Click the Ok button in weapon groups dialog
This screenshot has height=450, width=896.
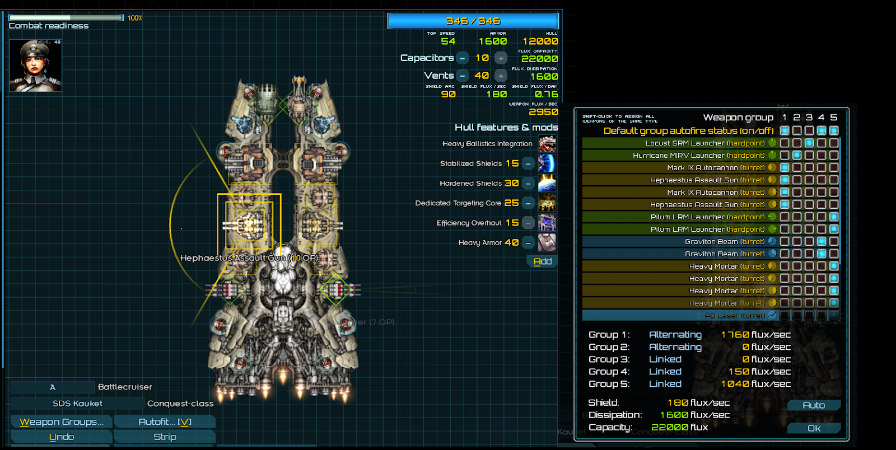click(x=814, y=428)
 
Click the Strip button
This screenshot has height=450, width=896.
click(x=165, y=437)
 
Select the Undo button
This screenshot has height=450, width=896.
click(x=62, y=437)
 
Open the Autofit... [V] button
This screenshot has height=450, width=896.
click(x=165, y=421)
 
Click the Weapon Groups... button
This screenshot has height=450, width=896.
click(x=62, y=421)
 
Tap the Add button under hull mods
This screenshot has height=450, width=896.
click(x=542, y=261)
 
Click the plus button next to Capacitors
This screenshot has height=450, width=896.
click(x=501, y=58)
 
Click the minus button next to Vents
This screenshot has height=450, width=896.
click(x=463, y=76)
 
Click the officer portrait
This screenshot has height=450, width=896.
click(x=35, y=65)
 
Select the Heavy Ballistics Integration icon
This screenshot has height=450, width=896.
click(x=547, y=144)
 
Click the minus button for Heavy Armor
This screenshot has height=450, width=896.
click(x=528, y=243)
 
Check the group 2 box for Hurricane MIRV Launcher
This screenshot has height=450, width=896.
click(x=797, y=155)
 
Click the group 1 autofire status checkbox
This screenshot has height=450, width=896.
click(x=785, y=130)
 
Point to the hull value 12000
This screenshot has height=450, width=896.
click(x=540, y=41)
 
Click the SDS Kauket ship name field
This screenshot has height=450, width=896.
click(x=77, y=404)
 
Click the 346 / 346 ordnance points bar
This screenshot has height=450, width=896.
click(x=473, y=21)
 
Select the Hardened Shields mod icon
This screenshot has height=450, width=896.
click(x=547, y=183)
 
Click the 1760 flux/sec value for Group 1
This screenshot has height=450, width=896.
click(x=755, y=335)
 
